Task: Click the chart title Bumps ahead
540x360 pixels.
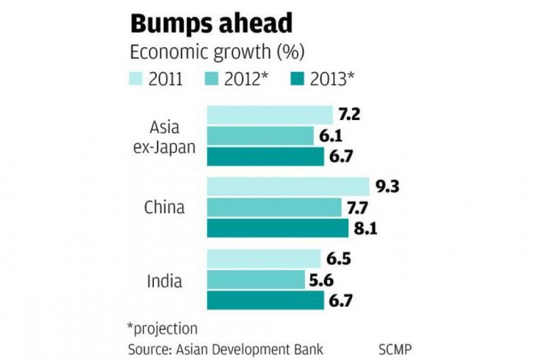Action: point(211,24)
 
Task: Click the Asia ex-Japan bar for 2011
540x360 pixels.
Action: point(269,115)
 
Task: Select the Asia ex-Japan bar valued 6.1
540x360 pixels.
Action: point(260,136)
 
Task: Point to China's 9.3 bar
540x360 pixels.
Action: point(288,186)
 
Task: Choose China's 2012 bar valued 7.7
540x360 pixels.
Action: point(274,208)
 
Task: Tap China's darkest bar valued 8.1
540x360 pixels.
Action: point(277,228)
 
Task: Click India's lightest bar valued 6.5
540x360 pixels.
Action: point(264,259)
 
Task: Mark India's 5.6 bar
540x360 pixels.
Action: point(256,280)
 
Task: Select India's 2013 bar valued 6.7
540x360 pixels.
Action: point(265,300)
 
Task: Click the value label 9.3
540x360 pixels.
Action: point(387,186)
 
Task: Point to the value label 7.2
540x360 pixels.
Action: point(349,115)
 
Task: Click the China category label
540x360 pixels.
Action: point(165,208)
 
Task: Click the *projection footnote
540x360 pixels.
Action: point(162,328)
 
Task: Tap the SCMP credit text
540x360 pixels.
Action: point(395,349)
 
